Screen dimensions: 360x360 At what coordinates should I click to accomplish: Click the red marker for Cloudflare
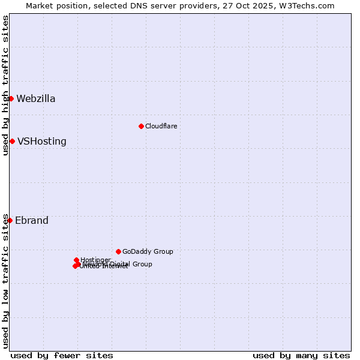pos(141,126)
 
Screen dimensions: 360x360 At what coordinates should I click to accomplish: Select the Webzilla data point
pos(11,98)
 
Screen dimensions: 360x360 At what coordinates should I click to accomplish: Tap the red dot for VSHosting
pos(12,141)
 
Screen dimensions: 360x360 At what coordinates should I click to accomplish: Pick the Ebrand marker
pos(10,220)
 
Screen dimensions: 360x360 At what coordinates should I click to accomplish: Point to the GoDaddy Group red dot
pos(118,251)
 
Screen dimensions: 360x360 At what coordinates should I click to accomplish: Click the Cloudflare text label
pos(161,126)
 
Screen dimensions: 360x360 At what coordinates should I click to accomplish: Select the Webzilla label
pos(36,99)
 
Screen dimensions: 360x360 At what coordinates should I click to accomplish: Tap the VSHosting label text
pos(42,142)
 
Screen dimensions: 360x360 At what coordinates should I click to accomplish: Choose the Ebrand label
pos(32,221)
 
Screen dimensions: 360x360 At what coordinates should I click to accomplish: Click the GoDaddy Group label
pos(148,251)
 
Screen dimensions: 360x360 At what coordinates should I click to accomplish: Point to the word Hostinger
pos(95,260)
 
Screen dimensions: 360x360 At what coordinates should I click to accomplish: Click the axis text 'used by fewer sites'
pos(62,355)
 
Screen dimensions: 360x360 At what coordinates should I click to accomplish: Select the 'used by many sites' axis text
pos(301,355)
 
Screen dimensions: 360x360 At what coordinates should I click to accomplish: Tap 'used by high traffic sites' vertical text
pos(5,85)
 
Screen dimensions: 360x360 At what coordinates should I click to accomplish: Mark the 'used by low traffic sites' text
pos(5,281)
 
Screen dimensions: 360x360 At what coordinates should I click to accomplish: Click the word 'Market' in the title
pos(40,6)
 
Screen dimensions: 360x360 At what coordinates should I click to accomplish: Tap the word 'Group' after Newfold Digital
pos(142,264)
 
